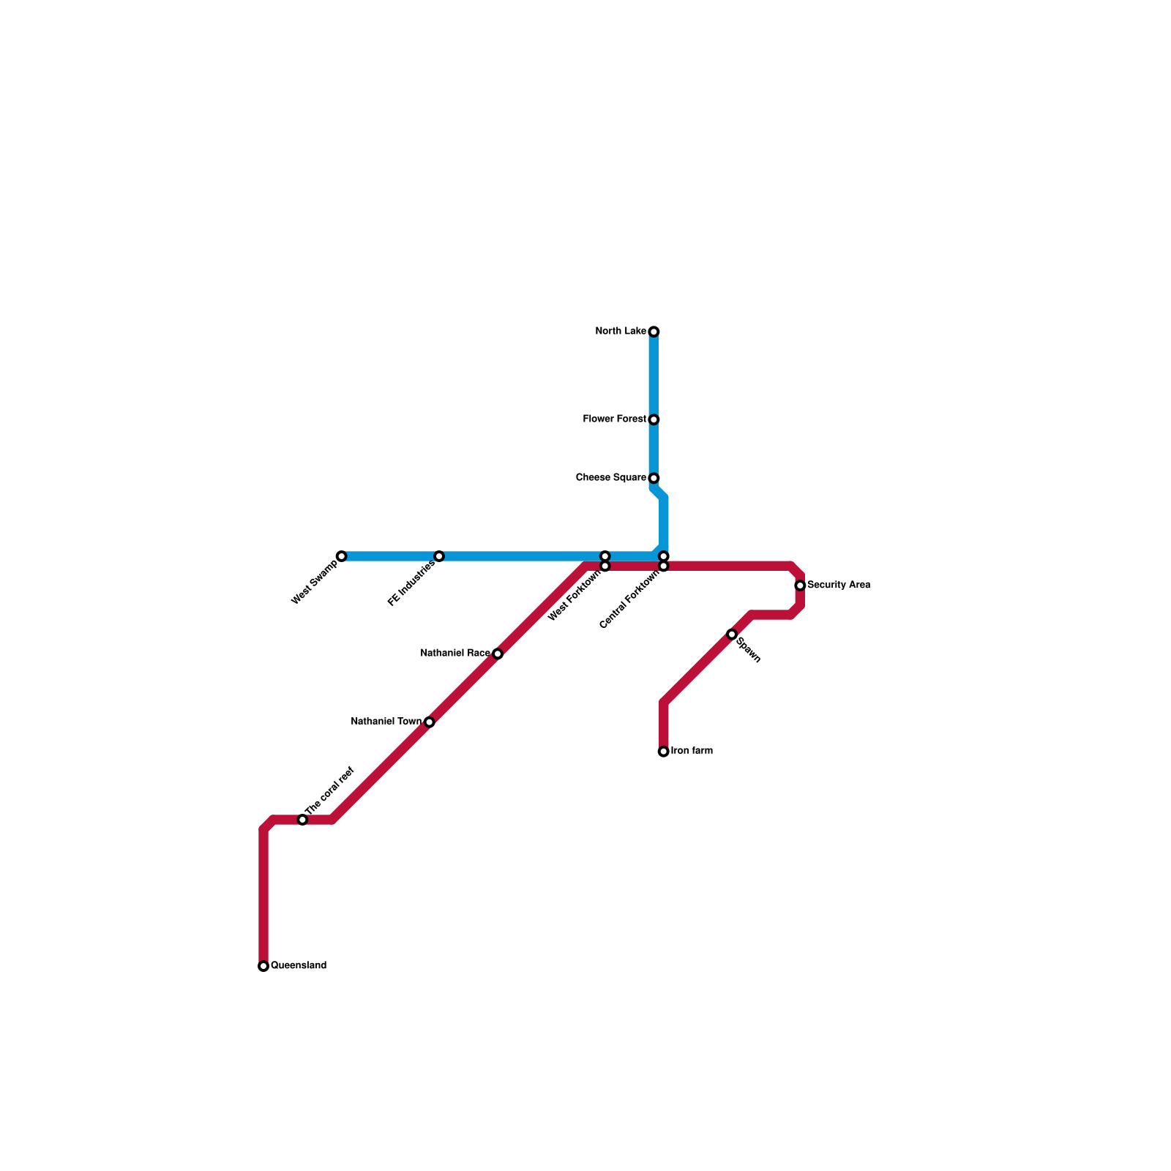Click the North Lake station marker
click(654, 332)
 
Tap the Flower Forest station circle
click(654, 420)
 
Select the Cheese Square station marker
click(654, 479)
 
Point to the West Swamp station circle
click(341, 556)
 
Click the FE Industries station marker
click(439, 556)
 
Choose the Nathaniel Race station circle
click(498, 654)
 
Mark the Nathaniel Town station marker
click(430, 722)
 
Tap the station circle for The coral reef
click(302, 820)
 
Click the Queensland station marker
click(263, 966)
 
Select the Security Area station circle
click(800, 585)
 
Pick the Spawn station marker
click(732, 634)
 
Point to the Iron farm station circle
click(664, 752)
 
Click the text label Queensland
click(299, 966)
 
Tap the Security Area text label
click(839, 585)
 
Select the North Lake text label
click(621, 332)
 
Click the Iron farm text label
click(692, 751)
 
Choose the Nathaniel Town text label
click(386, 722)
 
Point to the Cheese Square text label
click(611, 478)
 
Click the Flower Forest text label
click(615, 419)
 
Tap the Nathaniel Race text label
click(455, 654)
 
